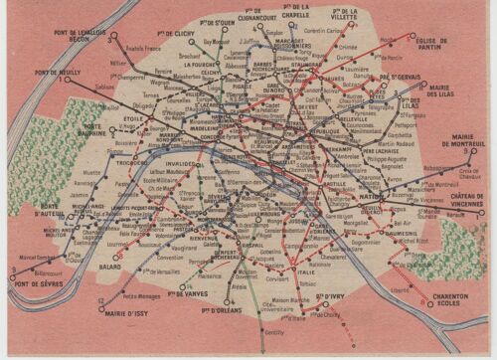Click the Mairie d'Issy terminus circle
click(x=102, y=308)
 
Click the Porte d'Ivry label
click(x=330, y=295)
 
